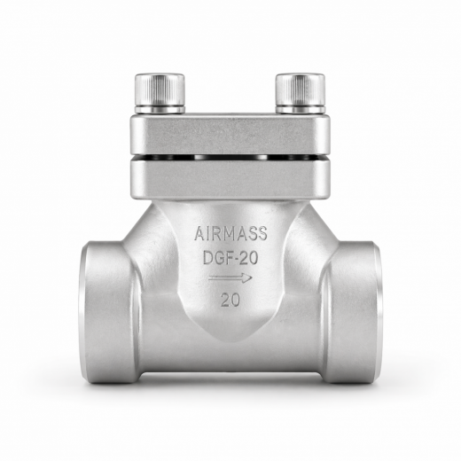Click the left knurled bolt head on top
point(160,89)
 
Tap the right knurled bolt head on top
point(301,89)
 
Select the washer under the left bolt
point(160,110)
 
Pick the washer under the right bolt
point(301,110)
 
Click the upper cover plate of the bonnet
point(230,133)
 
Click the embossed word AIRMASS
point(230,234)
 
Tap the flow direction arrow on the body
point(231,278)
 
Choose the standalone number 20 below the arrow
point(230,300)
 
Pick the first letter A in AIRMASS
point(199,234)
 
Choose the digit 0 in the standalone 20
point(237,300)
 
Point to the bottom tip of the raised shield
point(230,342)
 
